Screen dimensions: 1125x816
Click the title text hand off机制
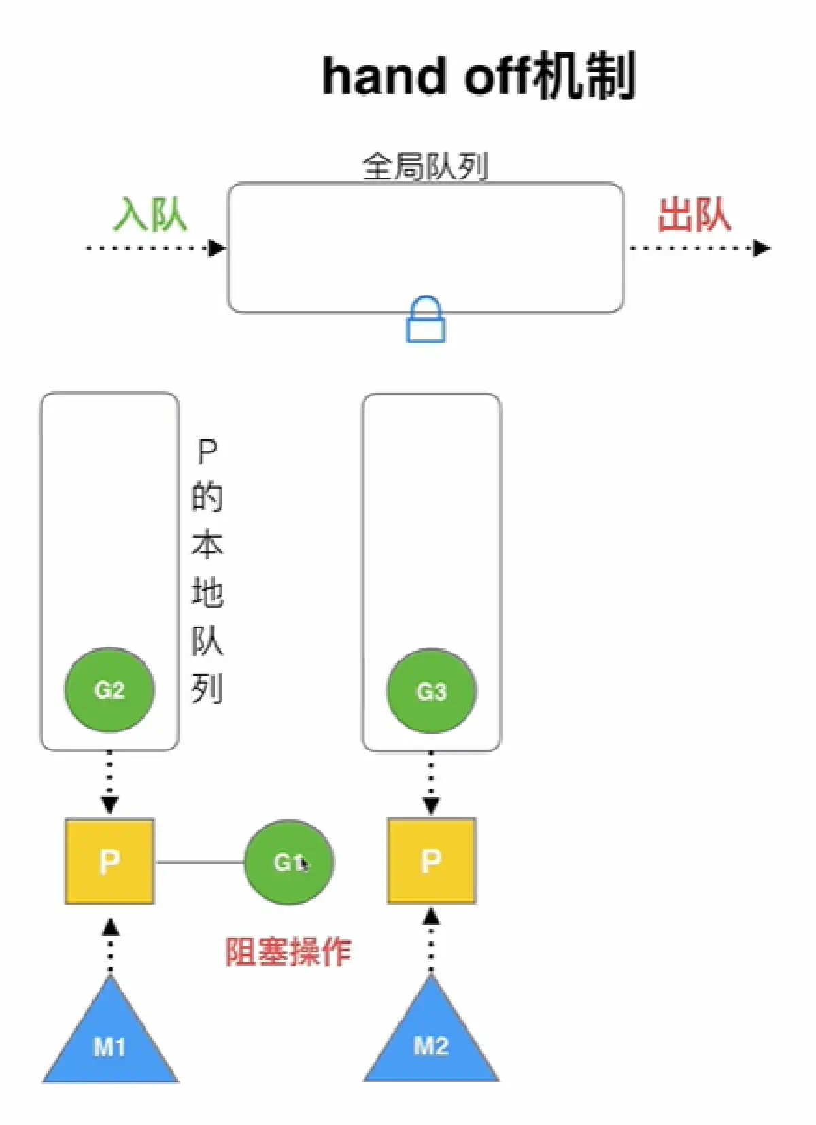pyautogui.click(x=479, y=76)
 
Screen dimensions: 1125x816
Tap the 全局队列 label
pyautogui.click(x=425, y=166)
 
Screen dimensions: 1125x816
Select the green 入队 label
pyautogui.click(x=150, y=215)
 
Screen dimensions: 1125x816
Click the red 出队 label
pyautogui.click(x=694, y=215)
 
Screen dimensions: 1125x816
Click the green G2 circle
pyautogui.click(x=109, y=690)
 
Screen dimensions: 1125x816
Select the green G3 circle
pyautogui.click(x=431, y=691)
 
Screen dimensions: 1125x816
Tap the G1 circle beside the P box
pyautogui.click(x=289, y=862)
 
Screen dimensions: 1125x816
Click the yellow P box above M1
pyautogui.click(x=109, y=861)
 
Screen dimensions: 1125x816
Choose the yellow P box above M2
pyautogui.click(x=431, y=861)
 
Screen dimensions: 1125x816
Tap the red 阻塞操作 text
pyautogui.click(x=288, y=952)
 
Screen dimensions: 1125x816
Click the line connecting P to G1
pyautogui.click(x=199, y=862)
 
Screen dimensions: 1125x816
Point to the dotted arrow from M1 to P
pyautogui.click(x=110, y=948)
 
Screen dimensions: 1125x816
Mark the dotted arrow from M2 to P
pyautogui.click(x=431, y=945)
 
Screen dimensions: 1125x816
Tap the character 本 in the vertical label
pyautogui.click(x=207, y=545)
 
